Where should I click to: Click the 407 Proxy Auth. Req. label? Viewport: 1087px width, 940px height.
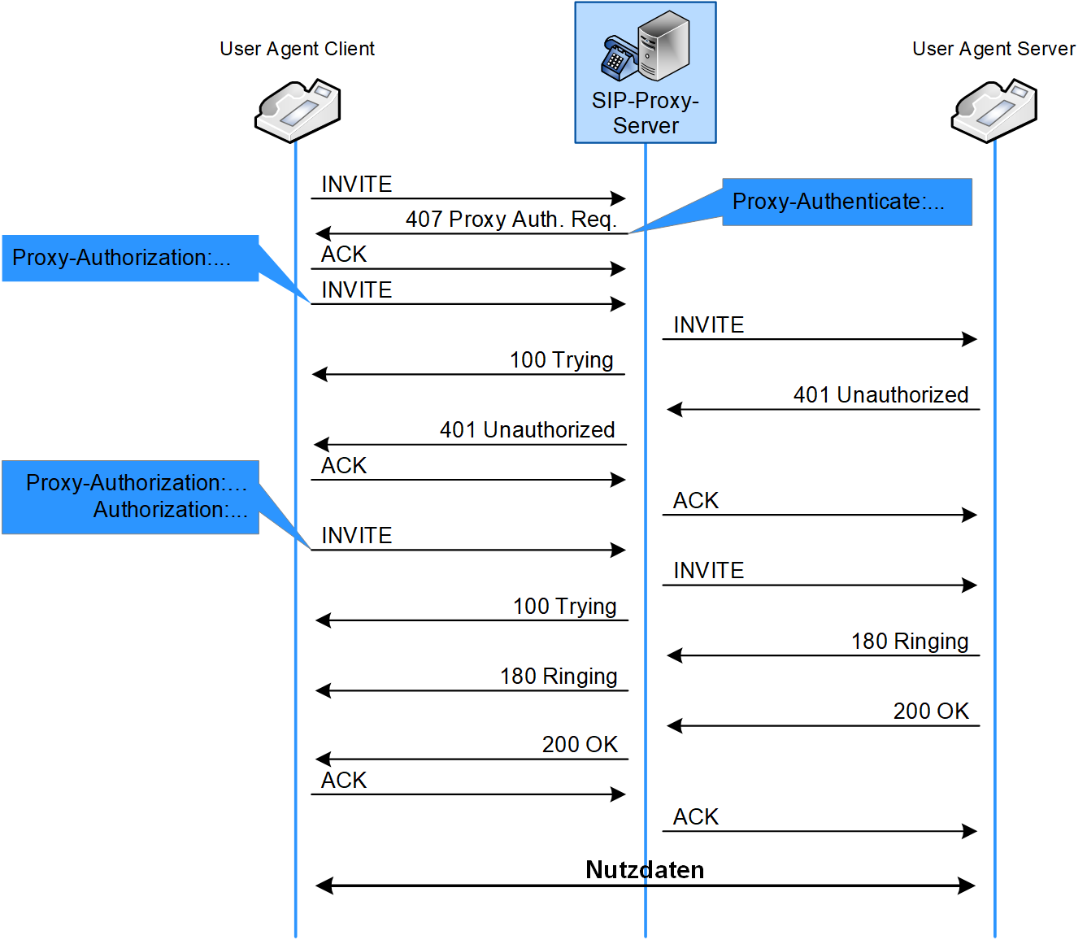pyautogui.click(x=511, y=220)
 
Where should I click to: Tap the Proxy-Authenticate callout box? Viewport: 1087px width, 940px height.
pyautogui.click(x=846, y=202)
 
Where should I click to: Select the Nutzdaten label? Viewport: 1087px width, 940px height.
pyautogui.click(x=645, y=869)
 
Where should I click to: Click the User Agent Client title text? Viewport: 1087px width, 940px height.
pyautogui.click(x=297, y=49)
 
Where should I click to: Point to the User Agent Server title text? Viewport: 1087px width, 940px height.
pyautogui.click(x=994, y=49)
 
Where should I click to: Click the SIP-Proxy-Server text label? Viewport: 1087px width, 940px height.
pyautogui.click(x=646, y=112)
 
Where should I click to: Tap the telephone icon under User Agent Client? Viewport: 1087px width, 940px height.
pyautogui.click(x=298, y=111)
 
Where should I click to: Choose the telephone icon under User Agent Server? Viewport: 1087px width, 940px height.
pyautogui.click(x=994, y=111)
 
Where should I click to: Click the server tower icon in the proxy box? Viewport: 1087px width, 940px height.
pyautogui.click(x=663, y=46)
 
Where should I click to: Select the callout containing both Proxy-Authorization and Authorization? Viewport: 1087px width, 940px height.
pyautogui.click(x=130, y=497)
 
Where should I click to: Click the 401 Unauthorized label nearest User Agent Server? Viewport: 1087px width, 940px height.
pyautogui.click(x=880, y=395)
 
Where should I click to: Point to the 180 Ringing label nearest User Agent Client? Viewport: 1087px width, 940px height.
pyautogui.click(x=559, y=677)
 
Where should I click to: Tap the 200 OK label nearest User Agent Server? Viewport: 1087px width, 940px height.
pyautogui.click(x=931, y=712)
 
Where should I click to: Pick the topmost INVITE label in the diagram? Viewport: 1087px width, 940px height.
pyautogui.click(x=357, y=184)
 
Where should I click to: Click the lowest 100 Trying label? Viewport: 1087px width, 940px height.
pyautogui.click(x=565, y=607)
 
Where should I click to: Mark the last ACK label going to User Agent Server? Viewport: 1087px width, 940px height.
pyautogui.click(x=696, y=817)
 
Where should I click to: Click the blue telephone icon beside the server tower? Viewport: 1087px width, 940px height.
pyautogui.click(x=620, y=58)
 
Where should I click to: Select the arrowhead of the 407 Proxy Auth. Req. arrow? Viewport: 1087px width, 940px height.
pyautogui.click(x=322, y=233)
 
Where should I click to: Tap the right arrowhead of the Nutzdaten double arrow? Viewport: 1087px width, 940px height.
pyautogui.click(x=967, y=886)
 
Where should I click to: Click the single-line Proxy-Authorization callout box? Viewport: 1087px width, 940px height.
pyautogui.click(x=130, y=258)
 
